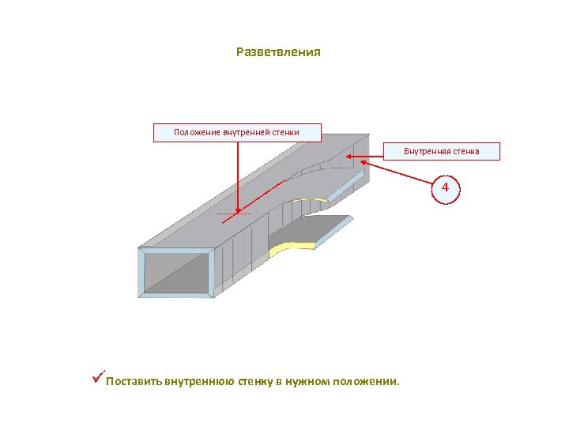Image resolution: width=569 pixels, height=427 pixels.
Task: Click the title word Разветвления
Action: pyautogui.click(x=278, y=53)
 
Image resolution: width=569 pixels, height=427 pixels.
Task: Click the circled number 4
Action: pyautogui.click(x=445, y=188)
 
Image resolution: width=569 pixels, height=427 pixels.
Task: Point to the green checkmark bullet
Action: pyautogui.click(x=97, y=380)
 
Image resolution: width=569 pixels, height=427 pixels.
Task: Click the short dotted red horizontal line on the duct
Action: pyautogui.click(x=234, y=214)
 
